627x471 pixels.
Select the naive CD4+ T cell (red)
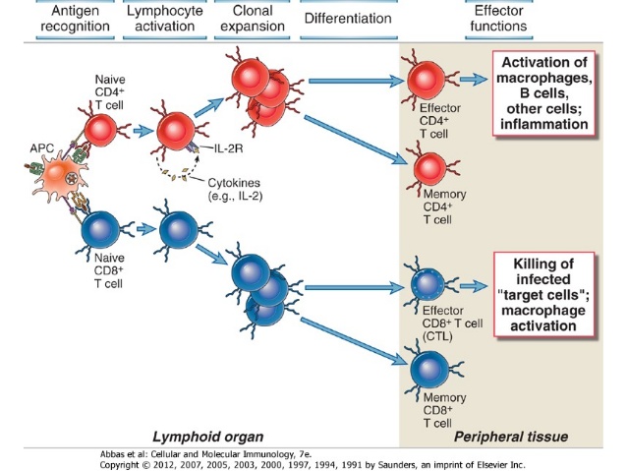(97, 128)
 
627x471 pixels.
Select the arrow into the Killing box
(474, 286)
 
